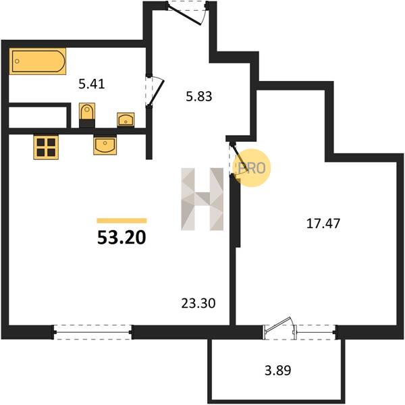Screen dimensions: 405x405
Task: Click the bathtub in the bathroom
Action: [38, 61]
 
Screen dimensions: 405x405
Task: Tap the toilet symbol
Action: [87, 115]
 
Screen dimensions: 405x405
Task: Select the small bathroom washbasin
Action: [126, 119]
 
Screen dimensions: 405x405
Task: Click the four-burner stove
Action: [46, 147]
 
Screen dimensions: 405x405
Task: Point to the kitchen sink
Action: [105, 144]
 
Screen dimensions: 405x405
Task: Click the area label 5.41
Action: [92, 84]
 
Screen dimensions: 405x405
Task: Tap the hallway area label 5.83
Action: [199, 97]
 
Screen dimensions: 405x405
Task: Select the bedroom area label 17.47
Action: [323, 223]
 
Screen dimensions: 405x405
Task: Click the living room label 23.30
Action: [198, 303]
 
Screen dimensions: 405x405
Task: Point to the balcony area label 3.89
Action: [278, 370]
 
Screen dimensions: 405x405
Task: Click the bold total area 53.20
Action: [122, 238]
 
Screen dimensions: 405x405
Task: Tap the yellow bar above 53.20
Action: [122, 221]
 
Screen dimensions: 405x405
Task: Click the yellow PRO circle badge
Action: [251, 168]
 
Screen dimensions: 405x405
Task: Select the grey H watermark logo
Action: [202, 199]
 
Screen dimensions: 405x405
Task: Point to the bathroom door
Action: [155, 90]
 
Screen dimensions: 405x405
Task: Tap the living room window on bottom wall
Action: [93, 332]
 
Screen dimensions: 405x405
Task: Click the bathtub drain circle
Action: [17, 61]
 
